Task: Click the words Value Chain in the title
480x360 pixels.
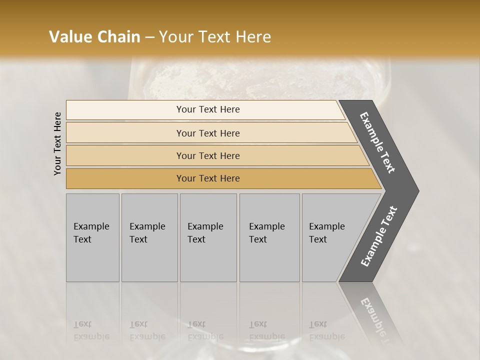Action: pos(94,37)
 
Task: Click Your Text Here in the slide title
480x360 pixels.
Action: pos(215,37)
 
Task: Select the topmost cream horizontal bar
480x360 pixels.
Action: pos(125,110)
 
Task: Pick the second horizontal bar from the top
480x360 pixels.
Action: pos(125,133)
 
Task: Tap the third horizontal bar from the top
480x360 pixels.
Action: pos(125,155)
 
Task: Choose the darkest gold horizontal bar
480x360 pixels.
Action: pos(125,178)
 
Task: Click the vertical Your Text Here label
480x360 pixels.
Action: pos(57,143)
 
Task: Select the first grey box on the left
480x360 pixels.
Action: pos(92,260)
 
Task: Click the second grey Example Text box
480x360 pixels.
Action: pos(149,260)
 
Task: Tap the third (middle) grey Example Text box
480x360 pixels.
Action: pos(208,260)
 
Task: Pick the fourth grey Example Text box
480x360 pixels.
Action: pos(269,260)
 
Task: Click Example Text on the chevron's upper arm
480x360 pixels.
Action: pos(377,142)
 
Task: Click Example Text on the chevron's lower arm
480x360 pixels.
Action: pos(379,236)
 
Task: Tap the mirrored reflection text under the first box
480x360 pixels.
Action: pos(91,330)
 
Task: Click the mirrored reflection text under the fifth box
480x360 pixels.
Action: pos(326,330)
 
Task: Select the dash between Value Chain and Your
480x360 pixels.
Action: pos(149,37)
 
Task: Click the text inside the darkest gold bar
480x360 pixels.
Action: pos(208,178)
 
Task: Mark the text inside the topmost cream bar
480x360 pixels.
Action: pos(208,109)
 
